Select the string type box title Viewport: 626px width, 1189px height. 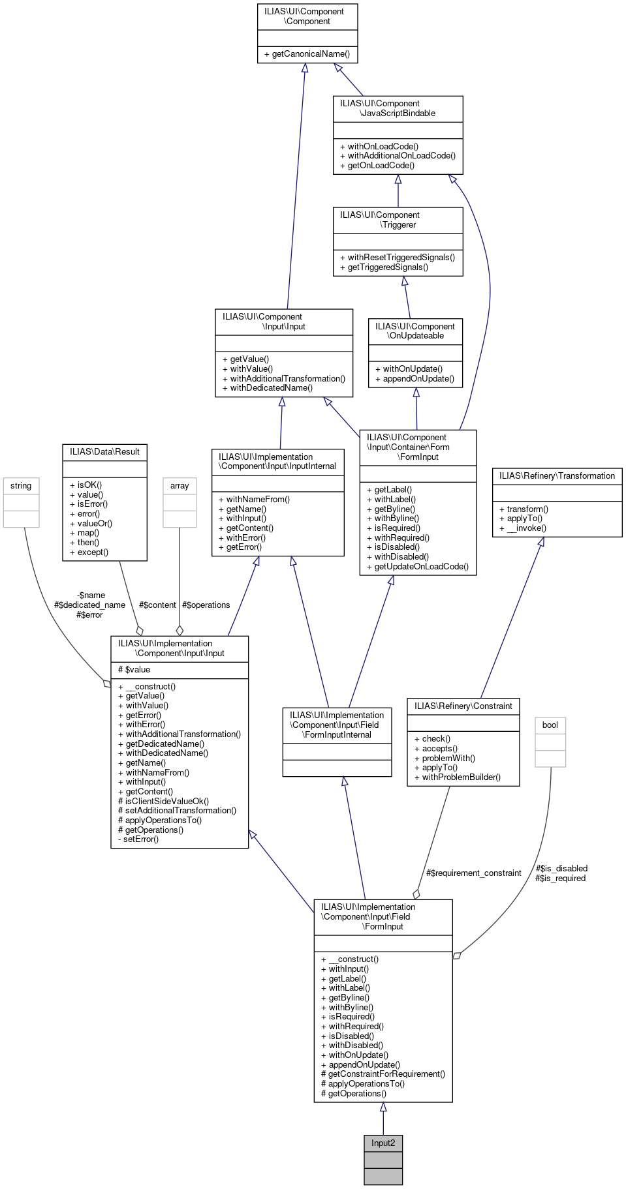21,486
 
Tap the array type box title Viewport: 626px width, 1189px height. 180,486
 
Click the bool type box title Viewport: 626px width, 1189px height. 550,725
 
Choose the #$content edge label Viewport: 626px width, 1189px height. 157,605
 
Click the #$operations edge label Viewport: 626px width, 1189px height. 206,605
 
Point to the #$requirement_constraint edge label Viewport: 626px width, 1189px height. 474,873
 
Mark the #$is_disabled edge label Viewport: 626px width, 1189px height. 561,869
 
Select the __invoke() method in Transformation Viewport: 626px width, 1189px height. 526,528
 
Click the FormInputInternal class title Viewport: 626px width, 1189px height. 337,725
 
